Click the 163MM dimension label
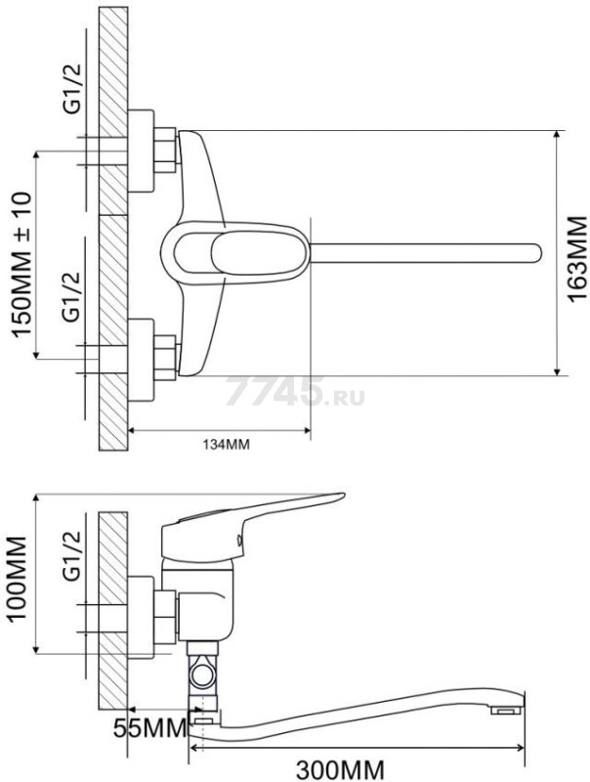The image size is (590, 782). point(577,259)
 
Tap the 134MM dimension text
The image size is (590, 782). point(226,444)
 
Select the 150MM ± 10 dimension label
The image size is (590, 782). point(22,264)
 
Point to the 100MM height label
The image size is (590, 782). point(17,578)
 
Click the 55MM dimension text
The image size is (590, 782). point(149,728)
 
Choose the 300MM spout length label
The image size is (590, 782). point(340,770)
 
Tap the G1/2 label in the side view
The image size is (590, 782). point(72,556)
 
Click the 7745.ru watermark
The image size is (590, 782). point(295,391)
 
